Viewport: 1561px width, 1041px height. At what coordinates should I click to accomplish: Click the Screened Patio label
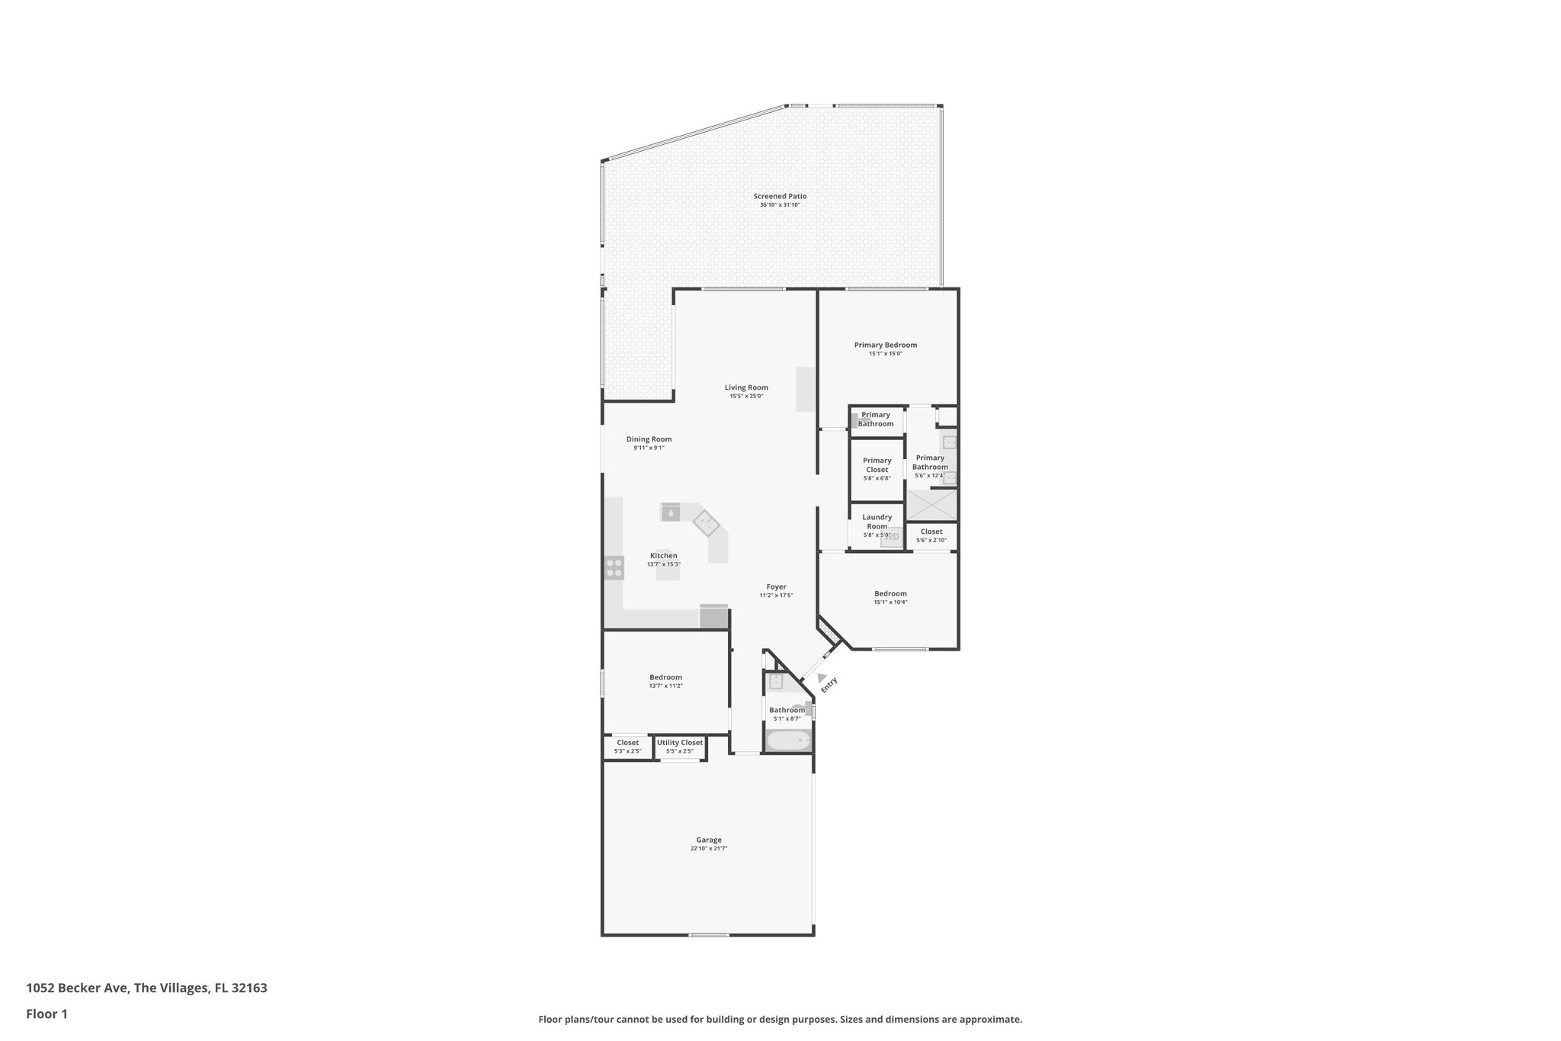[780, 197]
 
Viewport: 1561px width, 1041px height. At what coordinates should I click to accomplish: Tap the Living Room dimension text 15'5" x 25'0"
[746, 397]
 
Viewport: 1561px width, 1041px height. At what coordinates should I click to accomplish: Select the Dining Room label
[649, 439]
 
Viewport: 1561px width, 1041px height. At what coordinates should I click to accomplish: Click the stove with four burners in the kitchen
[614, 567]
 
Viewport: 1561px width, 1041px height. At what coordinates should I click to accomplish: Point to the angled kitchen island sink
[706, 523]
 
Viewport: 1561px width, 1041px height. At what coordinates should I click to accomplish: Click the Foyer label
[776, 587]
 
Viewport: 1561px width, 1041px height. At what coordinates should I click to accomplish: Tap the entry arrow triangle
[821, 677]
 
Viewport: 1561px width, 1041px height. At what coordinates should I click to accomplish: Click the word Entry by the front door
[829, 685]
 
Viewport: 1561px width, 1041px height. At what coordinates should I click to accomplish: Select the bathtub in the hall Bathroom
[788, 741]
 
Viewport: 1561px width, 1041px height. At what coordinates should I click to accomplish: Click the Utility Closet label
[680, 743]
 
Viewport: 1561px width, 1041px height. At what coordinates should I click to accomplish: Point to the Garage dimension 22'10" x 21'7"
[709, 848]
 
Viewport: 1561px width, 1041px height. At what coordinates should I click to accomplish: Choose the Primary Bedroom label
[885, 345]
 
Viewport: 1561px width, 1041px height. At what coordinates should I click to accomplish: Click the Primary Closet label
[877, 464]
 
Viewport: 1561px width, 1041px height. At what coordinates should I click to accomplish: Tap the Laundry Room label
[877, 522]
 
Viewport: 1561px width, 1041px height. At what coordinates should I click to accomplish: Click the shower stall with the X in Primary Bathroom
[931, 505]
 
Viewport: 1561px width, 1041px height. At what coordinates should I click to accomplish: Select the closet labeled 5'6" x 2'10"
[931, 535]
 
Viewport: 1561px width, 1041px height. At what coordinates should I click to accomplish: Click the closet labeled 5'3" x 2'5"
[627, 747]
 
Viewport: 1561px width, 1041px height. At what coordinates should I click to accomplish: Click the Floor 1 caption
[46, 1014]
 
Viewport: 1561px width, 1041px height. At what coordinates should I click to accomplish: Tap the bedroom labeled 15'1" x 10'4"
[890, 597]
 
